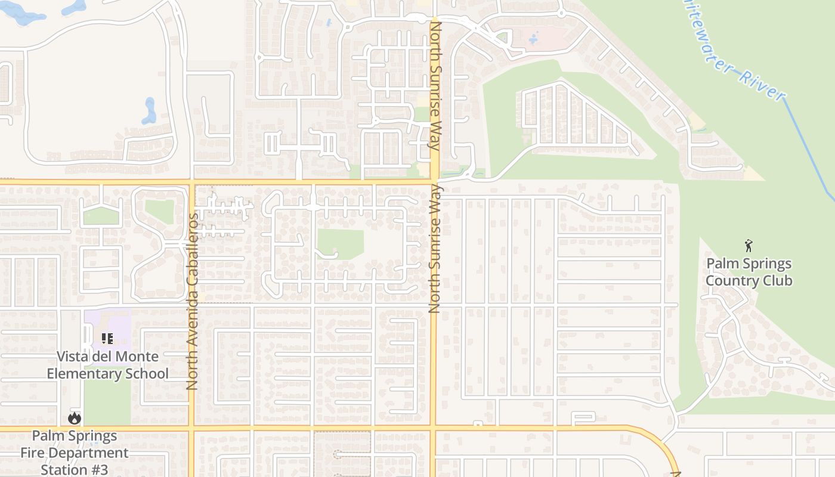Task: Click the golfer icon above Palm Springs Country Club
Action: pos(749,245)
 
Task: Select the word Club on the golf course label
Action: pos(777,281)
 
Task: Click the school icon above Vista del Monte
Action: pos(107,339)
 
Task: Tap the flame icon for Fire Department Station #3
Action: pos(75,419)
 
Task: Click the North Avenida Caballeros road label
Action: pos(192,302)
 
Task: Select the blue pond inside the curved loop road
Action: pos(149,111)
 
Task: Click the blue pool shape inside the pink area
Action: pos(533,38)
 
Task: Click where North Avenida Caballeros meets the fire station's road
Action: pos(192,428)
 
